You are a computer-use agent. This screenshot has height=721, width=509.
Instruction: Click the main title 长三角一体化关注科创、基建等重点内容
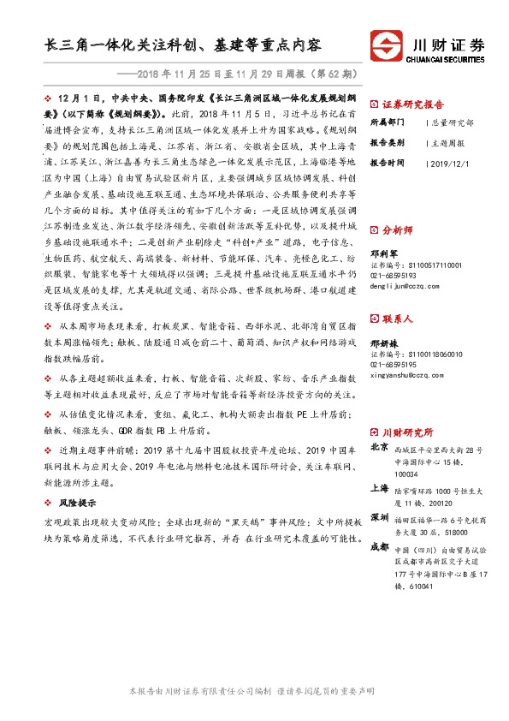(185, 45)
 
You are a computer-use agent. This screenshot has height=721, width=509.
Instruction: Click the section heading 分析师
(399, 230)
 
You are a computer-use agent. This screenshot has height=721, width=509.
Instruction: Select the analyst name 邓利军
(384, 253)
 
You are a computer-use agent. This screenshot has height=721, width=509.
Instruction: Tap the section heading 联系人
(399, 319)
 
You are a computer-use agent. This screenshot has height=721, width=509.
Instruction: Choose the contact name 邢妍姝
(384, 342)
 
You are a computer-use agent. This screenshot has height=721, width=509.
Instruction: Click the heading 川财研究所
(408, 433)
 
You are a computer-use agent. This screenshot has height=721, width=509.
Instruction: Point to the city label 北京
(378, 447)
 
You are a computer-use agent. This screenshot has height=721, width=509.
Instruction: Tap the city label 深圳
(378, 518)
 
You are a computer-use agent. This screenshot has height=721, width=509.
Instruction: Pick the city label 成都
(378, 547)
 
